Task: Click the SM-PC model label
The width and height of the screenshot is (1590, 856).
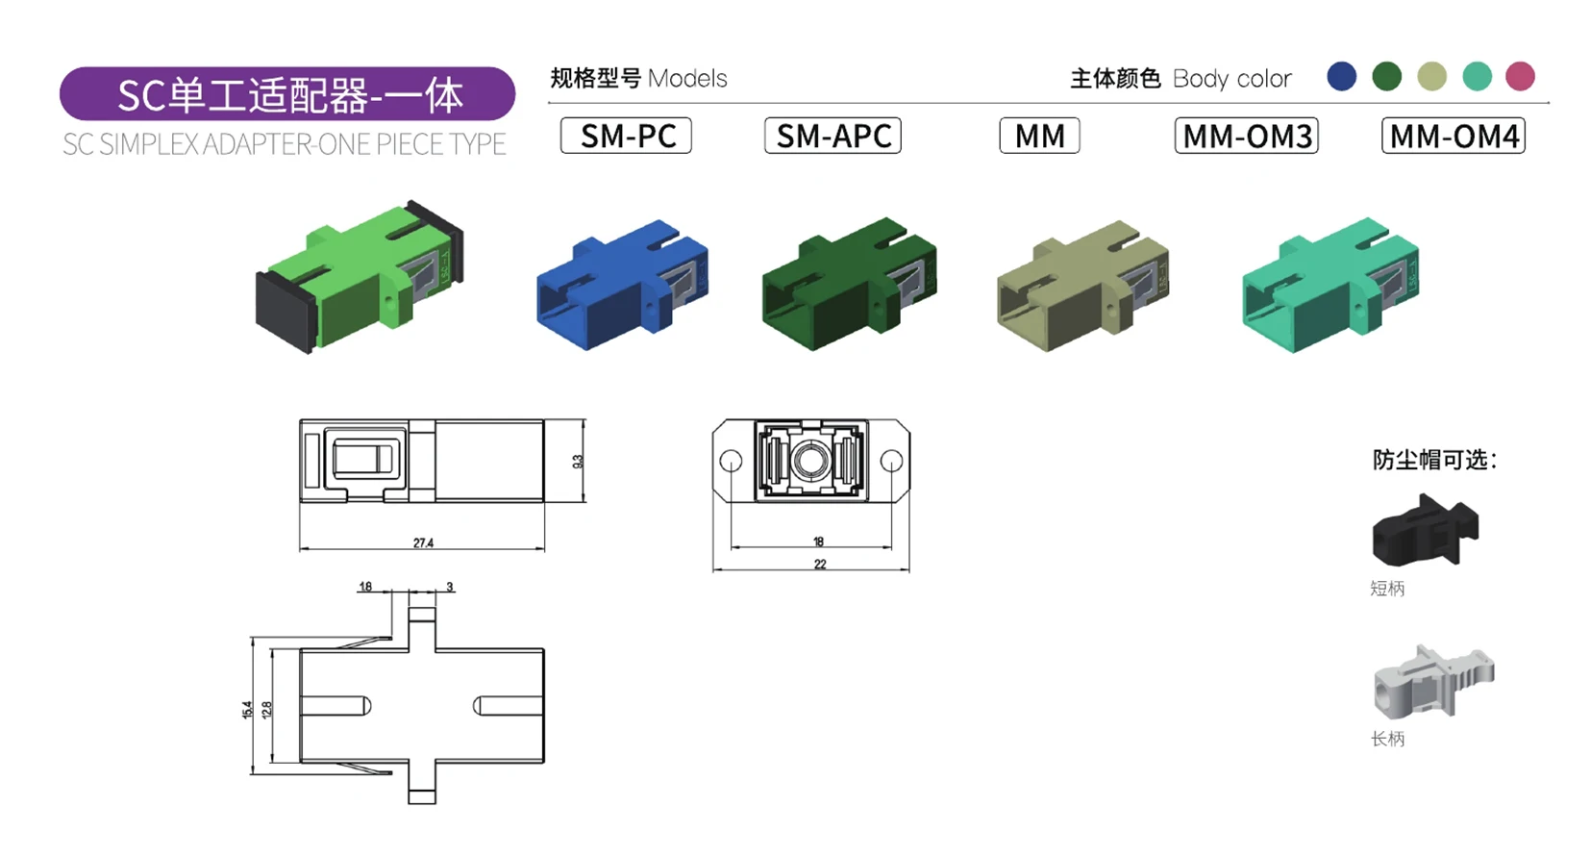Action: (626, 136)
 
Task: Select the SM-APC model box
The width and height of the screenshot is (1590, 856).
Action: (832, 136)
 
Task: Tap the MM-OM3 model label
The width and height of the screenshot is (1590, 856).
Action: (1246, 136)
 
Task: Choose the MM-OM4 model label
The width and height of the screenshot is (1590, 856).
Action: (1453, 136)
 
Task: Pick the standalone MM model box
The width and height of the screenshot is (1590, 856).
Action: (1039, 136)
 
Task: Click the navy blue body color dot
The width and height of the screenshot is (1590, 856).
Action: (1341, 76)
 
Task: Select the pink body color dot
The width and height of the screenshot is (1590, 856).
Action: (1520, 76)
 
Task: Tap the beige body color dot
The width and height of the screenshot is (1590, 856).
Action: (1431, 76)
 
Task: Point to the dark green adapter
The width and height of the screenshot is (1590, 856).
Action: (848, 285)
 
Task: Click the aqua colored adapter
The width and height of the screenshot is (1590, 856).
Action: (1329, 287)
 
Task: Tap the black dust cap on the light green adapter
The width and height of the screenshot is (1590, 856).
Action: (285, 312)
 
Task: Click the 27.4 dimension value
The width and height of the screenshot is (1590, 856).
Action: (423, 543)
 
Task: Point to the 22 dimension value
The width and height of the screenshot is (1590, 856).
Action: (820, 565)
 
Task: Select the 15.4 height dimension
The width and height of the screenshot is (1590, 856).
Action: (247, 710)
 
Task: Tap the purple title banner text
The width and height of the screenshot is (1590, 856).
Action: (288, 95)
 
